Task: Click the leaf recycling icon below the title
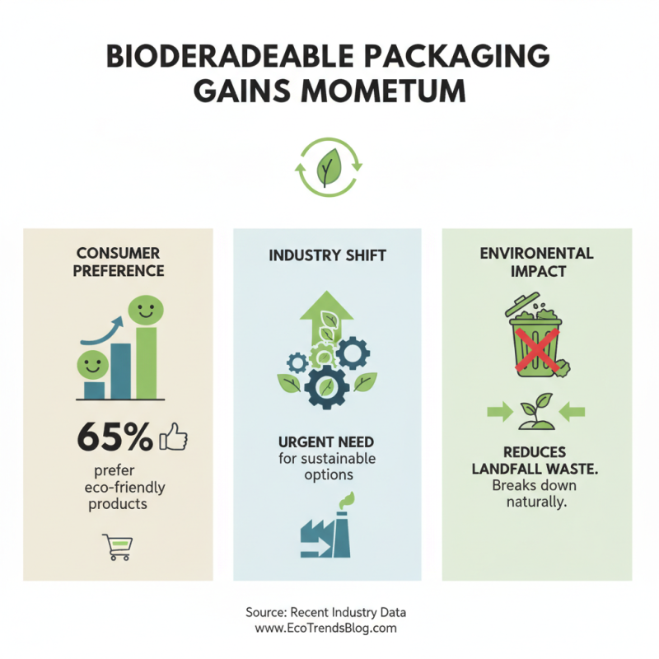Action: [x=329, y=167]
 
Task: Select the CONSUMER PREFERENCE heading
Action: [x=118, y=261]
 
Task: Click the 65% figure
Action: [x=115, y=436]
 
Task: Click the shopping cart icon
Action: [x=117, y=546]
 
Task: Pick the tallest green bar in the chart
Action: [x=147, y=363]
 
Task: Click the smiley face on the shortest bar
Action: [x=92, y=363]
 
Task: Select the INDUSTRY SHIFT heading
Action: [x=327, y=255]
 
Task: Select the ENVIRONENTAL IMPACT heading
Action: [x=537, y=261]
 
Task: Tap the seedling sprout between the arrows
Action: [x=536, y=411]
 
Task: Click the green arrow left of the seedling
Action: [x=498, y=410]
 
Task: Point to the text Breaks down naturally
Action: [x=536, y=493]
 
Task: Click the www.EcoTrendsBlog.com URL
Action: [x=326, y=628]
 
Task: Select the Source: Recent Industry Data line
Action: [x=326, y=613]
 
